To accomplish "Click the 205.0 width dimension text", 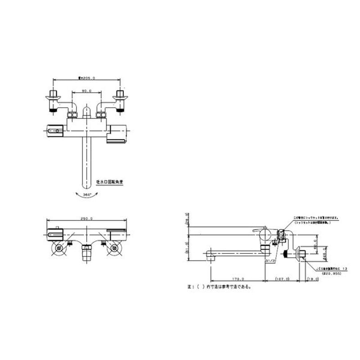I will pyautogui.click(x=87, y=77).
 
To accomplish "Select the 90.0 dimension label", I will pyautogui.click(x=87, y=91).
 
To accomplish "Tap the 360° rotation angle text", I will pyautogui.click(x=87, y=194).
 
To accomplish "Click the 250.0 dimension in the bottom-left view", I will pyautogui.click(x=87, y=218).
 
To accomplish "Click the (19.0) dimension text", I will pyautogui.click(x=313, y=279).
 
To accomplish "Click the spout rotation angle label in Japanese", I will pyautogui.click(x=110, y=183).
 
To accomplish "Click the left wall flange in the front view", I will pyautogui.click(x=53, y=95).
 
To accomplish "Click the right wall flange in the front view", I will pyautogui.click(x=121, y=95).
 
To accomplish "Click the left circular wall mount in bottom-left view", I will pyautogui.click(x=58, y=249).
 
